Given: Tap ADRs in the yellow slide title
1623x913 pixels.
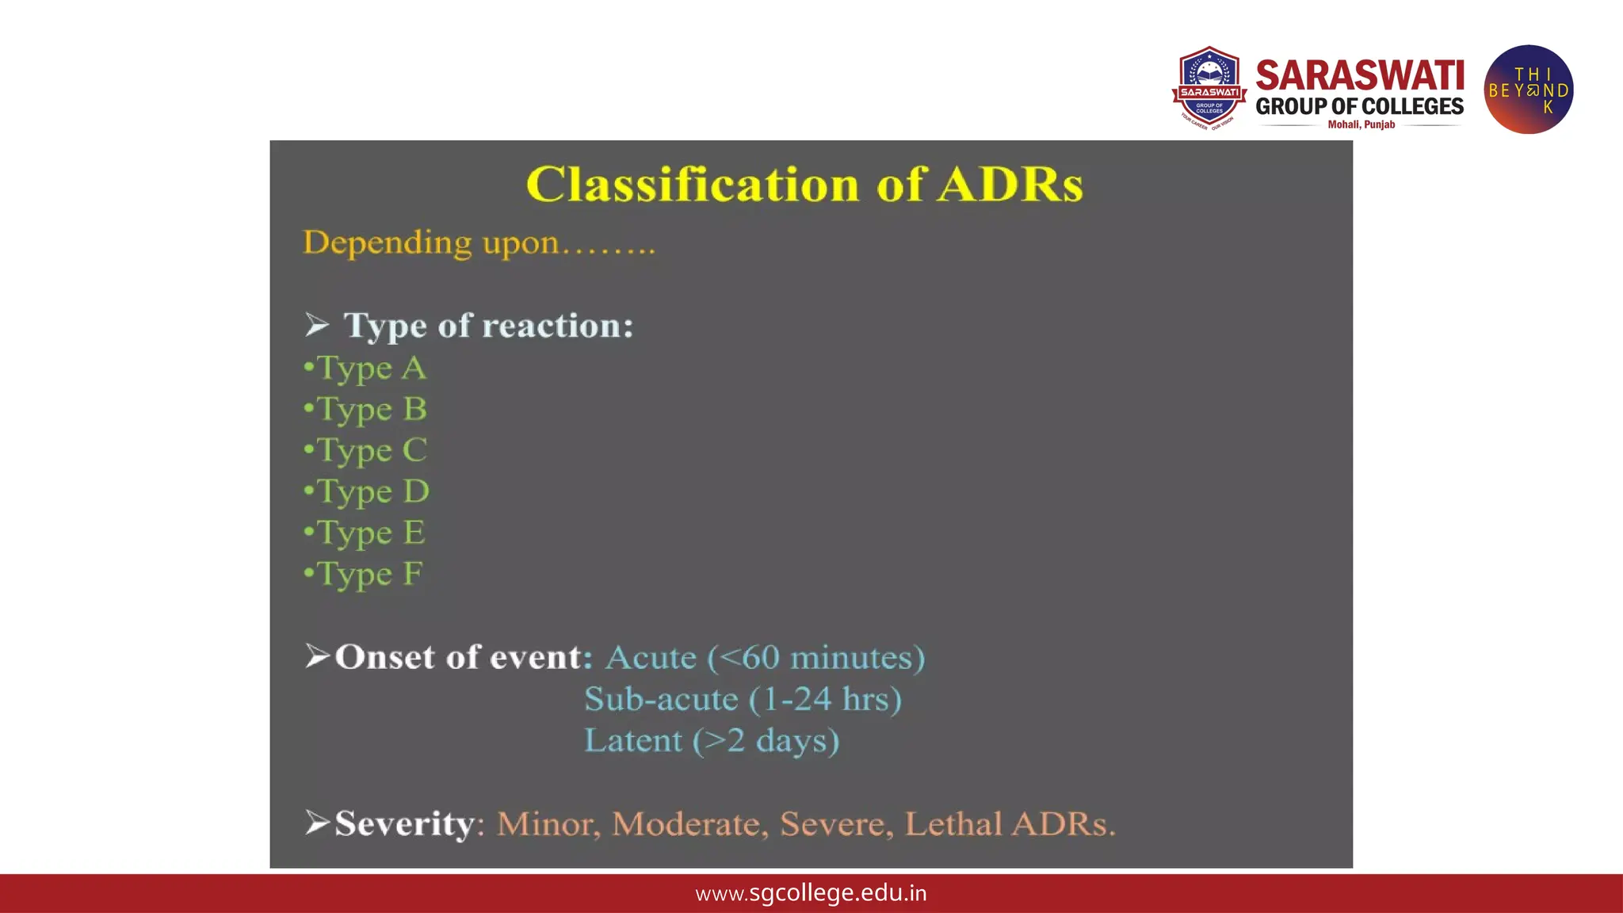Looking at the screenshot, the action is (x=1010, y=185).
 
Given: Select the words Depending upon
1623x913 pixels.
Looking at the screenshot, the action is (x=431, y=243).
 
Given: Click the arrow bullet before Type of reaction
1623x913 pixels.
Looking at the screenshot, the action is (x=317, y=325).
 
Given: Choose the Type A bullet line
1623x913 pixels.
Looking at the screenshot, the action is (x=366, y=369).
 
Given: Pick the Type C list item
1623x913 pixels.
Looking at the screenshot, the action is (x=366, y=451).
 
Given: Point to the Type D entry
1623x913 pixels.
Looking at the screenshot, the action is (x=367, y=492).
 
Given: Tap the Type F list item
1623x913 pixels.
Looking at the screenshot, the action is (x=364, y=575).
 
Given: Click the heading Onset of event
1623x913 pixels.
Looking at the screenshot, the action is (x=463, y=657).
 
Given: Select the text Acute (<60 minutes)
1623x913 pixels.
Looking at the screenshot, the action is (x=765, y=658).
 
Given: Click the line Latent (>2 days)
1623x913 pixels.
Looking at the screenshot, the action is (x=711, y=741).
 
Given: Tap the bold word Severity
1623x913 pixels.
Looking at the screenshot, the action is (x=404, y=823).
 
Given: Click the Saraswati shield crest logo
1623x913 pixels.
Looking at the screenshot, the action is (x=1209, y=88).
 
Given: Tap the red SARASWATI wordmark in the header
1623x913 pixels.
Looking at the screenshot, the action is (x=1360, y=76).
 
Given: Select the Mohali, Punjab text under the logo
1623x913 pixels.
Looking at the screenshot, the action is (x=1361, y=124).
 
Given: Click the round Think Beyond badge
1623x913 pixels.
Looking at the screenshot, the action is (x=1528, y=90).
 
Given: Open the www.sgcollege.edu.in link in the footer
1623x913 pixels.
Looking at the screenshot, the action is (x=811, y=893).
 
